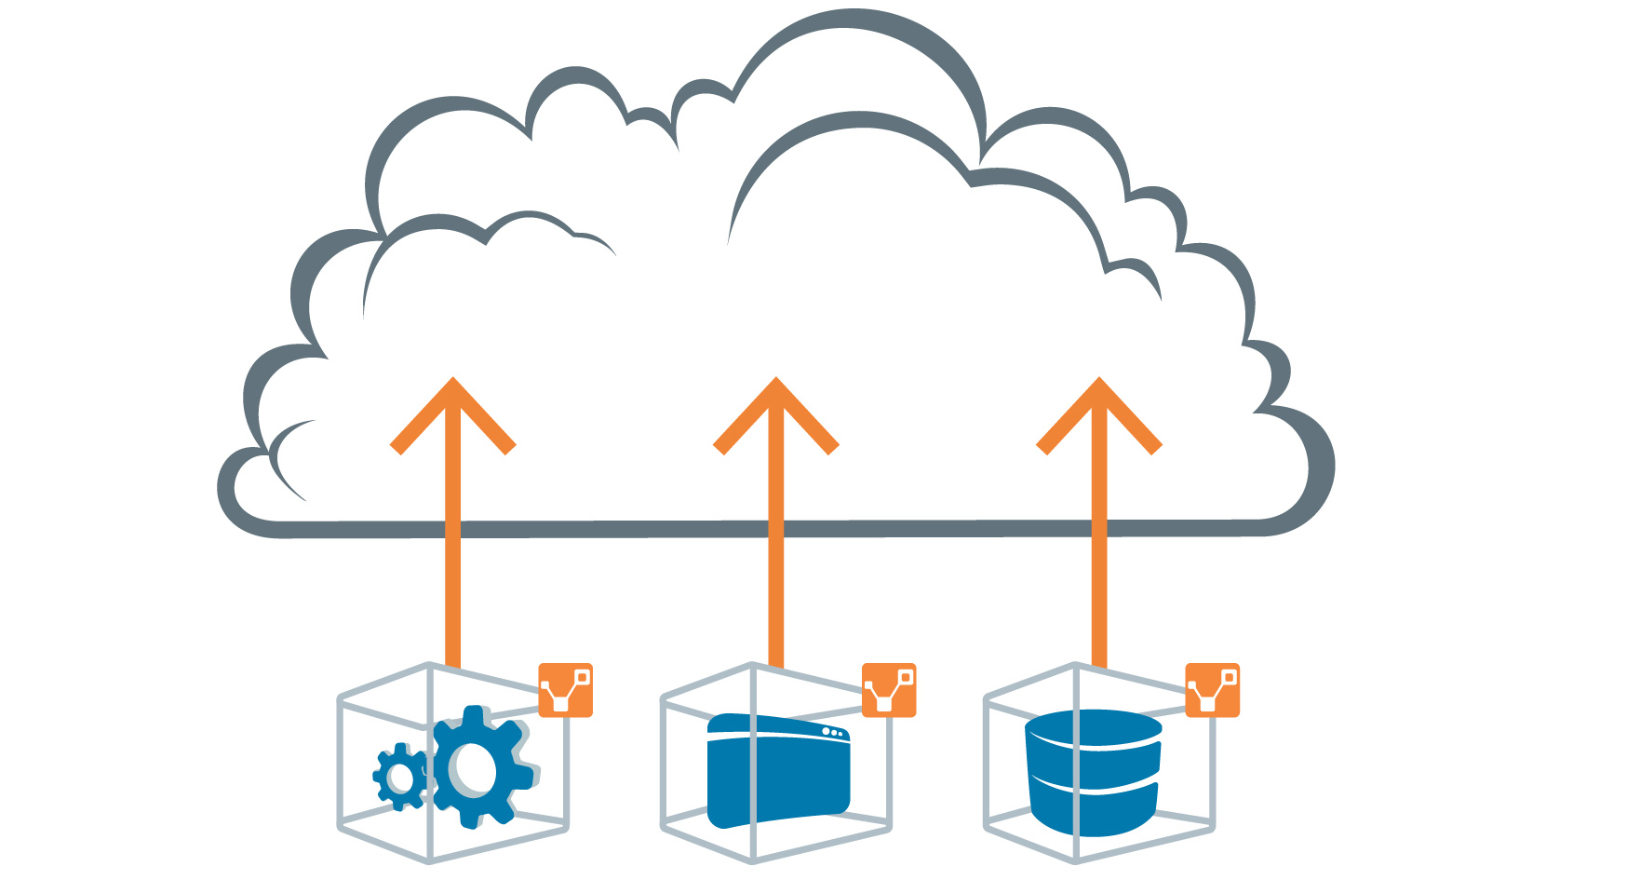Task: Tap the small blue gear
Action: (401, 776)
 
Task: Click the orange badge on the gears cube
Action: (566, 690)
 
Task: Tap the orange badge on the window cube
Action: (889, 690)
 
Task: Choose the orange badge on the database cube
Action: (1212, 690)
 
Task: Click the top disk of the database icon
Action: (1094, 726)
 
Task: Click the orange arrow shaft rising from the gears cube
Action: (452, 577)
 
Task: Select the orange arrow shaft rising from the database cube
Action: (1099, 577)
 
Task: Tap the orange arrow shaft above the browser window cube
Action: (776, 577)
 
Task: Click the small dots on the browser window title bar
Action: (831, 733)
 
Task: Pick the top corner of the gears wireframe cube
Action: (429, 665)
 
